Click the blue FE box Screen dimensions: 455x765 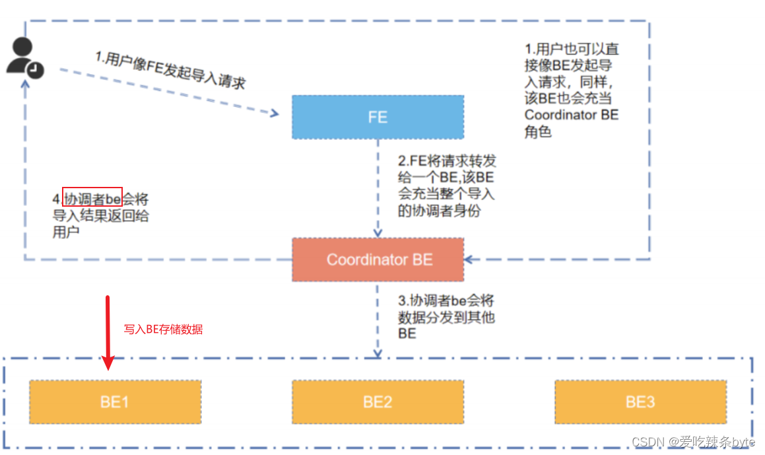point(378,118)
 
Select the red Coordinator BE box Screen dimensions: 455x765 point(378,259)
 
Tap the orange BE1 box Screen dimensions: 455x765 point(115,402)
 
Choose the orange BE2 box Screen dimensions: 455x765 point(378,402)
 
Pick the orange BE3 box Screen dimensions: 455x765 point(640,402)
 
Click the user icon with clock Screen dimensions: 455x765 point(25,58)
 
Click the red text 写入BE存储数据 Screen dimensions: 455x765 point(163,329)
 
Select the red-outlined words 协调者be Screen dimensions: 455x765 point(92,197)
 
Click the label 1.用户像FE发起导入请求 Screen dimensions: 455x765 point(170,71)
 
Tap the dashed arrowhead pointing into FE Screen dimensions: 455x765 point(273,114)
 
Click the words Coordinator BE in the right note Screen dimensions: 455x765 point(572,115)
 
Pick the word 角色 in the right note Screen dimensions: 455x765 point(538,132)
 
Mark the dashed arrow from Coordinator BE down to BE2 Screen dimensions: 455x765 point(378,320)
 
